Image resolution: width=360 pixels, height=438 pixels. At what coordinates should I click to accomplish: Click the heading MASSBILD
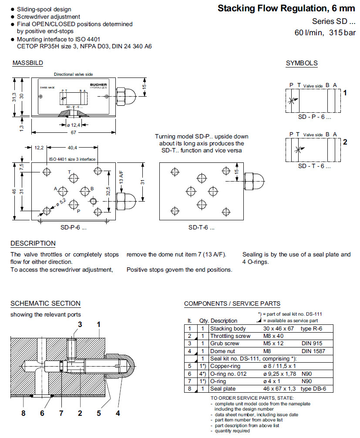pyautogui.click(x=27, y=63)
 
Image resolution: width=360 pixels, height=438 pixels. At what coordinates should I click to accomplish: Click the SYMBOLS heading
pyautogui.click(x=302, y=63)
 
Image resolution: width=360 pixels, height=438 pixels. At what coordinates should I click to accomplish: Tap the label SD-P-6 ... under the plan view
pyautogui.click(x=73, y=227)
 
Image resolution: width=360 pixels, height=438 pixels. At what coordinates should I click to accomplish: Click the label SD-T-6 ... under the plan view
pyautogui.click(x=201, y=227)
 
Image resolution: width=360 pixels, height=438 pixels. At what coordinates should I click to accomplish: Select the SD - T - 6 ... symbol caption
pyautogui.click(x=314, y=166)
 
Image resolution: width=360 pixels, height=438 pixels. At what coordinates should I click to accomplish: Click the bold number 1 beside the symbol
pyautogui.click(x=345, y=93)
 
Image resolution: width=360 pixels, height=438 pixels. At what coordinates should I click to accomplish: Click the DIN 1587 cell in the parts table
pyautogui.click(x=313, y=351)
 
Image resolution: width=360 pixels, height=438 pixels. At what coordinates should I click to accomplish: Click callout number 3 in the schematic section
pyautogui.click(x=80, y=324)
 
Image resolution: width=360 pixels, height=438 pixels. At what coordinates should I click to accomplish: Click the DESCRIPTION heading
pyautogui.click(x=33, y=243)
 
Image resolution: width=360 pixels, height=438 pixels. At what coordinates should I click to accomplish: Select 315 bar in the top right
pyautogui.click(x=342, y=33)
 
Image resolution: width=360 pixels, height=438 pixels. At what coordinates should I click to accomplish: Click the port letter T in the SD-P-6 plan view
pyautogui.click(x=69, y=172)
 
